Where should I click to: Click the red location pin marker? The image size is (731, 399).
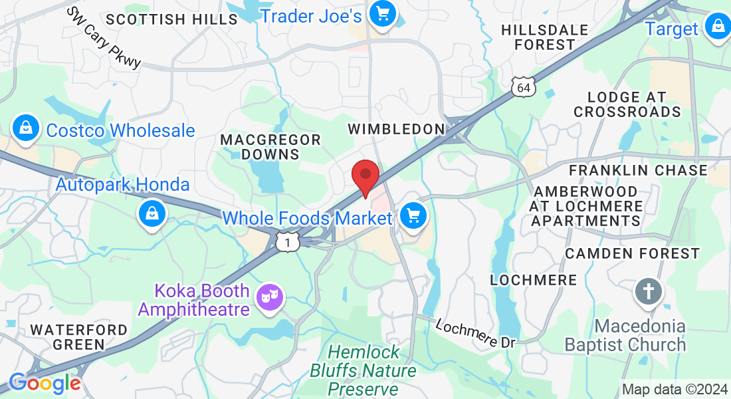(x=365, y=176)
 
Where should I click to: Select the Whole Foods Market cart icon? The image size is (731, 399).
(x=413, y=216)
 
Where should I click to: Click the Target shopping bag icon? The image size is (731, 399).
(x=718, y=27)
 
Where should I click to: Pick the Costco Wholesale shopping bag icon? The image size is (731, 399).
(x=25, y=126)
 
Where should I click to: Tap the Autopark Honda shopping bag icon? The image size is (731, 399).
(x=152, y=214)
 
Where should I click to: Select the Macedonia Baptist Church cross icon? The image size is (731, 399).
(x=648, y=292)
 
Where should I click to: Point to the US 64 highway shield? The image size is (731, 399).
(x=524, y=86)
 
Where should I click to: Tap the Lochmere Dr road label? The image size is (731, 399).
(x=476, y=333)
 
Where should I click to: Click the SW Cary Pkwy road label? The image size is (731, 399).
(x=105, y=38)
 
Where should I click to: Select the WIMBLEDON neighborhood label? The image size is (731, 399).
(x=395, y=128)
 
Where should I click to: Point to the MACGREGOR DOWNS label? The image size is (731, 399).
(x=270, y=147)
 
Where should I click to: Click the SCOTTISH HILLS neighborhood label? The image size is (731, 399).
(x=171, y=19)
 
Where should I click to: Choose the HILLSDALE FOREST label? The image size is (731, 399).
(x=544, y=37)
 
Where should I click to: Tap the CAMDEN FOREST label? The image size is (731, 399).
(x=632, y=253)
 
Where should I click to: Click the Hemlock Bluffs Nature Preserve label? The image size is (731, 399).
(x=364, y=370)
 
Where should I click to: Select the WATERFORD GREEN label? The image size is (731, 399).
(x=79, y=336)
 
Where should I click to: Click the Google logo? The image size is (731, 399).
(x=45, y=383)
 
